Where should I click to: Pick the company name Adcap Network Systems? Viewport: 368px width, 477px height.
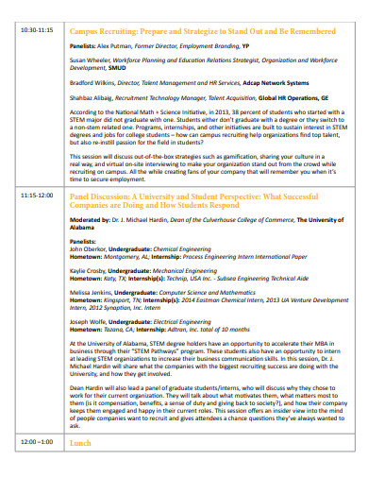(243, 80)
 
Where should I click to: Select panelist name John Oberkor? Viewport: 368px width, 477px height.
(89, 247)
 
